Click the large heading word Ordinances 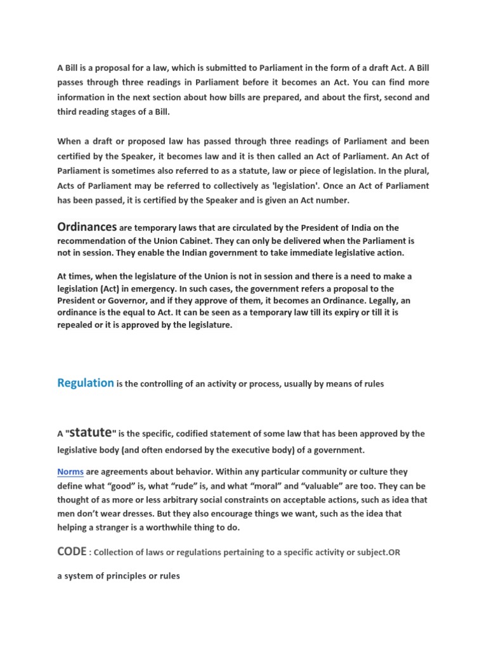coord(87,227)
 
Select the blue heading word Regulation coord(86,383)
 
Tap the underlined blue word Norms coord(70,472)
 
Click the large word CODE coord(71,552)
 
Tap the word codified coord(193,434)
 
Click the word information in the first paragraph coord(82,98)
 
